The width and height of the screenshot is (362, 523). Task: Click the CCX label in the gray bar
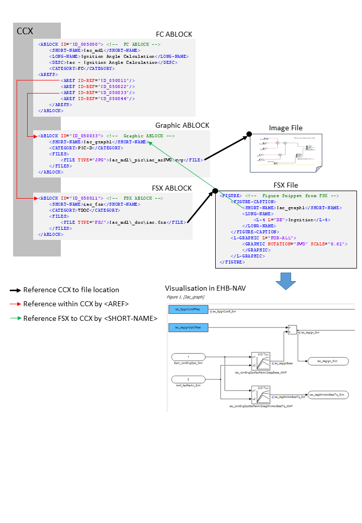25,31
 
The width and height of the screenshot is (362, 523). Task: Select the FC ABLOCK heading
174,34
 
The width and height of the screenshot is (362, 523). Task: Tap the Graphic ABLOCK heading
182,125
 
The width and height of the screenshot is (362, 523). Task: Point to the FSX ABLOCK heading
171,188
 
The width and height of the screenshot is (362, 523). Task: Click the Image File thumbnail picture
286,153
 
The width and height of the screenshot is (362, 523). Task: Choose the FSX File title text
286,185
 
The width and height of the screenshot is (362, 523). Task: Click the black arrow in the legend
15,290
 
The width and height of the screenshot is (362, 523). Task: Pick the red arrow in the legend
15,304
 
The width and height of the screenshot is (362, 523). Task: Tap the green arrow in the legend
15,318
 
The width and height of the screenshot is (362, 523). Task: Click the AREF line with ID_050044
98,99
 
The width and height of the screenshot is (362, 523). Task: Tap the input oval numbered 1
188,357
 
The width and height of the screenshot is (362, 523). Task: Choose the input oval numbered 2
188,379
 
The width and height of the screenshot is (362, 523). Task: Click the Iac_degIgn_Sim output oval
327,361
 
